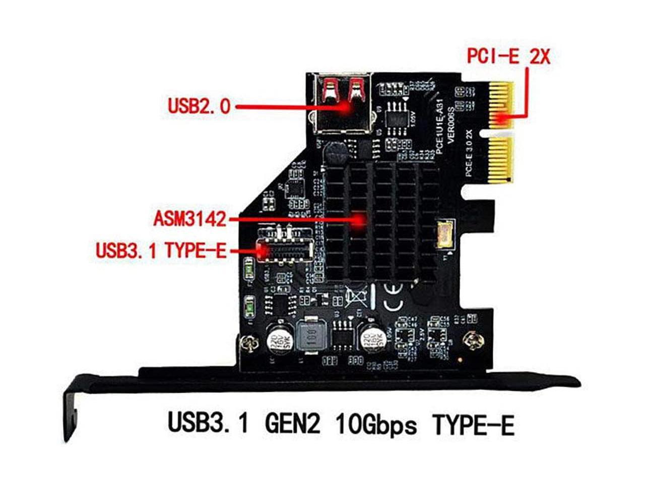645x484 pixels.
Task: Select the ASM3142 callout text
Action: tap(190, 219)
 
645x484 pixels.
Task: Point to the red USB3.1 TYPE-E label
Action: tap(161, 250)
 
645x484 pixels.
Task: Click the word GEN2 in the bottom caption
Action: tap(292, 425)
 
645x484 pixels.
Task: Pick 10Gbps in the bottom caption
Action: tap(375, 425)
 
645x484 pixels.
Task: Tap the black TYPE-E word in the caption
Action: tap(474, 425)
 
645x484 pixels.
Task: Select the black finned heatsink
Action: tap(380, 222)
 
